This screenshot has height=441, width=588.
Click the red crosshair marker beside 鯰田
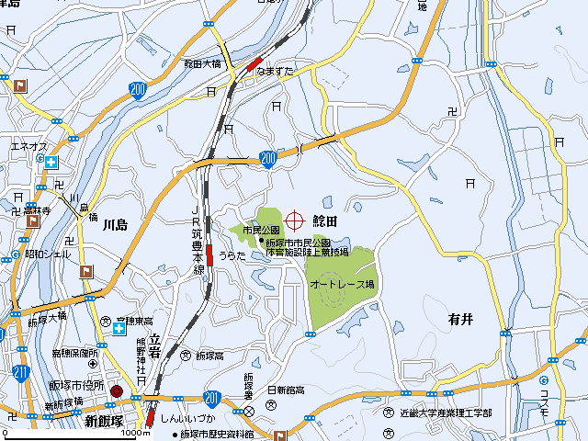coord(295,220)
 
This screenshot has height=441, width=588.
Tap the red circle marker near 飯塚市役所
coord(116,391)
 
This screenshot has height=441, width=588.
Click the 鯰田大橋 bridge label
coord(202,64)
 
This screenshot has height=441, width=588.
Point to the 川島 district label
coord(115,224)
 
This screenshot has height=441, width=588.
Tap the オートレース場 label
coord(342,285)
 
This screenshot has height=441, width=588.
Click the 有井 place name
coord(460,319)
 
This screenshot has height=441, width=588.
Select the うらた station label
coord(232,255)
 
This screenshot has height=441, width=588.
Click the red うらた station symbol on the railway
coord(210,254)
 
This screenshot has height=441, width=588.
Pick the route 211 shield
coord(21,371)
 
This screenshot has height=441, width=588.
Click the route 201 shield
coord(212,397)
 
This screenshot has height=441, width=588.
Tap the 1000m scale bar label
coord(135,433)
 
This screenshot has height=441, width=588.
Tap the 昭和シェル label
coord(48,254)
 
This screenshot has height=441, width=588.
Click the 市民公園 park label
coord(261,230)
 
